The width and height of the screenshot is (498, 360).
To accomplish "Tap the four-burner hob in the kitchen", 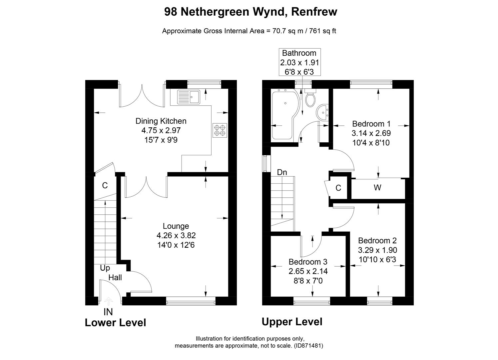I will (x=220, y=130).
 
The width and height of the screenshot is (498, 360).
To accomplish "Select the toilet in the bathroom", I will (x=310, y=98).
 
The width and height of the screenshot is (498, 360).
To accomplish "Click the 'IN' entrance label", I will (x=108, y=312).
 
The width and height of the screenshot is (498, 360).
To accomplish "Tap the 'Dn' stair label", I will (x=282, y=172).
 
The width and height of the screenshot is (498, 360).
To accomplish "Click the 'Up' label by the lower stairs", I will (x=105, y=268).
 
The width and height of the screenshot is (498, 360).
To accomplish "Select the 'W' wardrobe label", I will (x=377, y=188).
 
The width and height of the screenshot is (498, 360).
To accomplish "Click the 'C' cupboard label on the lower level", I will (x=105, y=186).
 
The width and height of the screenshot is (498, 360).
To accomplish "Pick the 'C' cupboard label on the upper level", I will (x=338, y=188).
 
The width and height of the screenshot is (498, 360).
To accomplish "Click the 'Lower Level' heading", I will (x=116, y=323).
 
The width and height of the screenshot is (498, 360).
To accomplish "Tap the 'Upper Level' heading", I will (x=292, y=322).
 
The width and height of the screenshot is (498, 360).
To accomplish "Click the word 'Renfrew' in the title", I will (x=314, y=12).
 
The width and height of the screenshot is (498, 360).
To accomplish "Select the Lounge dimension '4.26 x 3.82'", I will (x=176, y=236).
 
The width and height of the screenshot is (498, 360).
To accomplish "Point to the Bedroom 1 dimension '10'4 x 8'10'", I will (x=371, y=143).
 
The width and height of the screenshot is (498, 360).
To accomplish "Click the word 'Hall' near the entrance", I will (x=115, y=277).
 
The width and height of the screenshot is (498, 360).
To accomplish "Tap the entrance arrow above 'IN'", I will (x=108, y=301).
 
